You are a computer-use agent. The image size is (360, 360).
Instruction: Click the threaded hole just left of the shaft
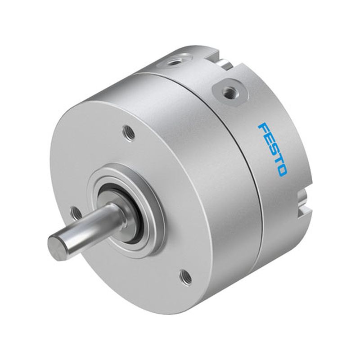pyautogui.click(x=75, y=213)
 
